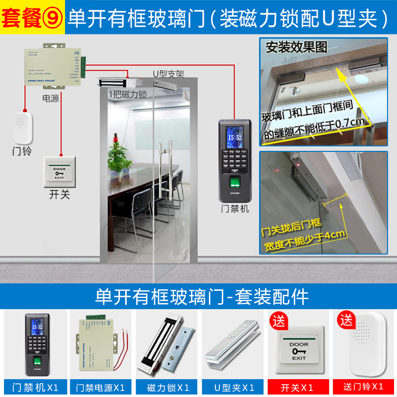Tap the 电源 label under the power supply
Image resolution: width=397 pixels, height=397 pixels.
[51, 98]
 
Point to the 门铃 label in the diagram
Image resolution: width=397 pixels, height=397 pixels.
[22, 151]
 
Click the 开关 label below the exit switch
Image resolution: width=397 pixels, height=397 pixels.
[60, 195]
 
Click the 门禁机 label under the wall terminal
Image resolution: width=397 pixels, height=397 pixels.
[235, 209]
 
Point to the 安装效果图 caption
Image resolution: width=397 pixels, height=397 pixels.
[297, 48]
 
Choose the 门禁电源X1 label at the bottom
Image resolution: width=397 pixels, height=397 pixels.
[101, 387]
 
